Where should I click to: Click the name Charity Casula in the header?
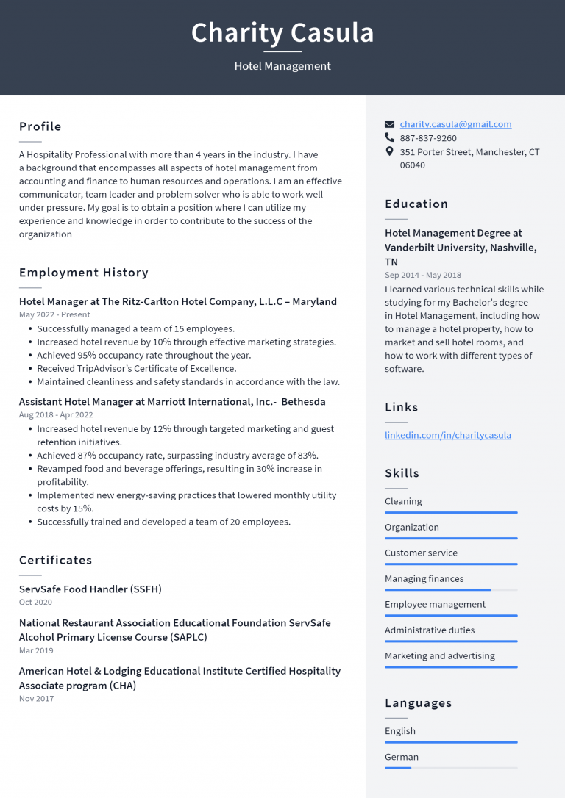[x=282, y=33]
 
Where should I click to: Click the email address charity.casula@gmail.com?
[x=455, y=124]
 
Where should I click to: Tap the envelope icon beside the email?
[x=390, y=124]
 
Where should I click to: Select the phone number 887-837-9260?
[x=428, y=138]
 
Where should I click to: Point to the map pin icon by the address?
[x=390, y=151]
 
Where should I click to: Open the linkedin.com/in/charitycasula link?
[x=447, y=435]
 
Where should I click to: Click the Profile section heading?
[x=40, y=126]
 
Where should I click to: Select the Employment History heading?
[x=84, y=273]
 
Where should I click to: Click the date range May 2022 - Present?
[x=54, y=314]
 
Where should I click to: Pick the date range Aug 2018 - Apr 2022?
[x=56, y=415]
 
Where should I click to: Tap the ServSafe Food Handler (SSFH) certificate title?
[x=90, y=589]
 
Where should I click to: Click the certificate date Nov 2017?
[x=36, y=699]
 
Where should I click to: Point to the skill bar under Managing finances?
[x=450, y=590]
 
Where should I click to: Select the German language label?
[x=402, y=757]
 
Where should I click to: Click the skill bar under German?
[x=450, y=768]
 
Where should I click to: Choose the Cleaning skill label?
[x=403, y=501]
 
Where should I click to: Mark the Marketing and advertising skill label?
[x=440, y=655]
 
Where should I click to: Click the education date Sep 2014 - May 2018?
[x=423, y=276]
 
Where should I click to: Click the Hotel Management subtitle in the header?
[x=282, y=66]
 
